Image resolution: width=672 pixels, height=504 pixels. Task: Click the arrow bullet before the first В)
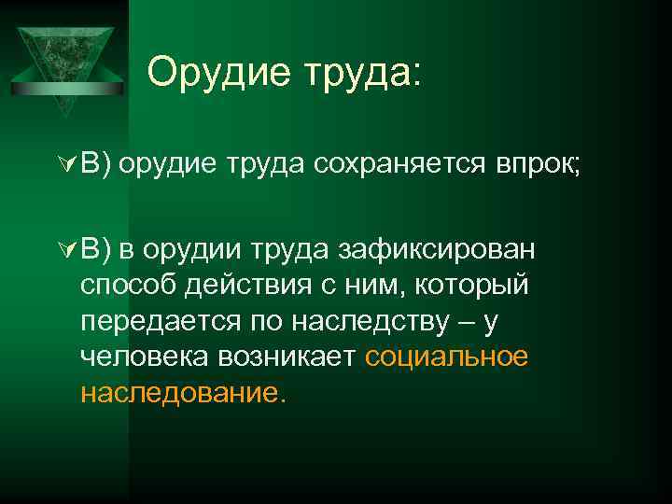coord(66,166)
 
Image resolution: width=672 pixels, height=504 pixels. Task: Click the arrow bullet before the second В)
coord(66,248)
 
